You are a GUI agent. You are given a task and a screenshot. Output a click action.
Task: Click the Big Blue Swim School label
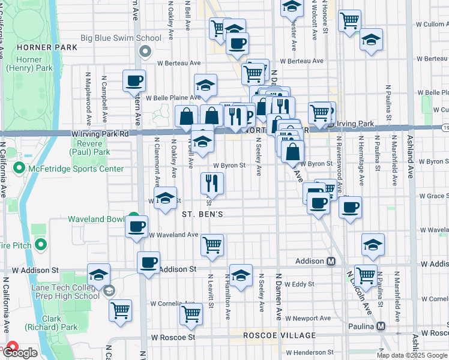click(x=121, y=38)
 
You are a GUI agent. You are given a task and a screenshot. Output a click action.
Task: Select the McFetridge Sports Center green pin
click(x=20, y=168)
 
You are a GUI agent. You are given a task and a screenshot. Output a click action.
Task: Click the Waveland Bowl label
click(x=95, y=219)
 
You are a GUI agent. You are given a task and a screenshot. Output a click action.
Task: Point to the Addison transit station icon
click(x=331, y=262)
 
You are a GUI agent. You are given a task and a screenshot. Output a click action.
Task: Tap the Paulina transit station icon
click(x=380, y=326)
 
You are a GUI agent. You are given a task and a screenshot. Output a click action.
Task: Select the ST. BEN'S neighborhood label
click(x=203, y=214)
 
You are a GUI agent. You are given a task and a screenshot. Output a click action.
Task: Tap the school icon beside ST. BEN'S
click(x=164, y=200)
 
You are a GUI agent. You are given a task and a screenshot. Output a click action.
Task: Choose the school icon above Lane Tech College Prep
click(x=98, y=274)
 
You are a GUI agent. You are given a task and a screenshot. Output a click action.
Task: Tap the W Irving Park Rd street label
click(x=100, y=133)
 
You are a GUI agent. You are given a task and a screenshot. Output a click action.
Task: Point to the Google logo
click(x=20, y=353)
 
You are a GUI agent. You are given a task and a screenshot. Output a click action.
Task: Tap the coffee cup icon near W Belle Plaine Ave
click(x=134, y=80)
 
